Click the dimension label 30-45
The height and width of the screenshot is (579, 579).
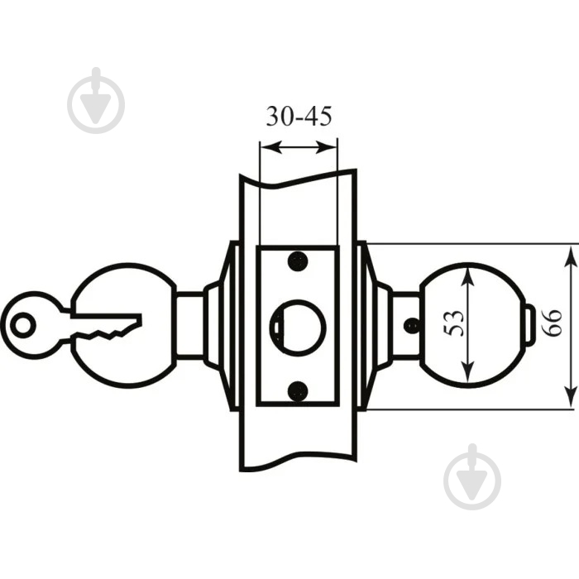click(299, 117)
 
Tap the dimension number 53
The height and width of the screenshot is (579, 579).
click(453, 323)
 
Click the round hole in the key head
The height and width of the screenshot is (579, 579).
click(23, 325)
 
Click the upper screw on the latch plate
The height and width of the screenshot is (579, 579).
click(298, 261)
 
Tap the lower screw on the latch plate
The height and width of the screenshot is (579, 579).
click(298, 391)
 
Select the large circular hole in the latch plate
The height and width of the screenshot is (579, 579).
click(299, 328)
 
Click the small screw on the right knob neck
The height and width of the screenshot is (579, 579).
click(412, 325)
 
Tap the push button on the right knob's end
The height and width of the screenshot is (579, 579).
click(529, 323)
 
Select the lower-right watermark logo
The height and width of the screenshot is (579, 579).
click(472, 477)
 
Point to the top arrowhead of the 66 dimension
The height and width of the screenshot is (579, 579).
click(571, 257)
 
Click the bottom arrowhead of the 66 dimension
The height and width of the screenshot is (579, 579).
click(571, 396)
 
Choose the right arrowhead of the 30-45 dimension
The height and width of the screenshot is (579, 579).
click(326, 147)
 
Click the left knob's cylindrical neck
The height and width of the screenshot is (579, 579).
click(190, 325)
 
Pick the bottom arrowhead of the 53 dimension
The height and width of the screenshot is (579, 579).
click(468, 371)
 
